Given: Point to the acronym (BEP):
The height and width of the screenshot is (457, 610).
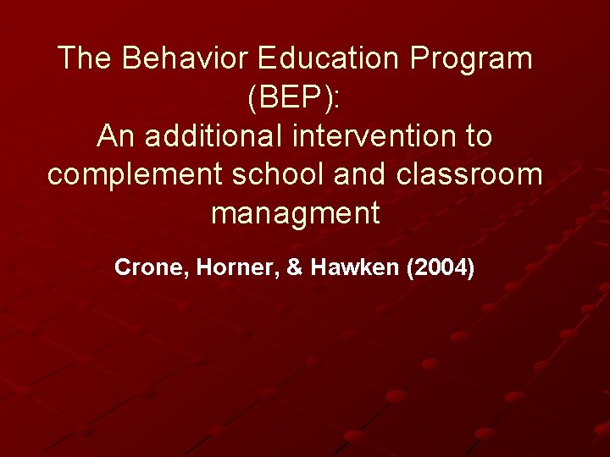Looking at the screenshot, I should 294,97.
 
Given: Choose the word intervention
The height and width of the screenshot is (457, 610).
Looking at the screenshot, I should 376,135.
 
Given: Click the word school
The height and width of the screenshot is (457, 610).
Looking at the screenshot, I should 279,174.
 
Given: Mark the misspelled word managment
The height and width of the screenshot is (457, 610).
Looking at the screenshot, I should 296,213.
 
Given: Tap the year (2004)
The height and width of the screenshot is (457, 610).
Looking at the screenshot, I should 441,268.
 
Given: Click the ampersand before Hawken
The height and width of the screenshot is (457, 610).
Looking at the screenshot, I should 295,268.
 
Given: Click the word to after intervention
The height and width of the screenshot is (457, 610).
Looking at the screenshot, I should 479,135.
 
